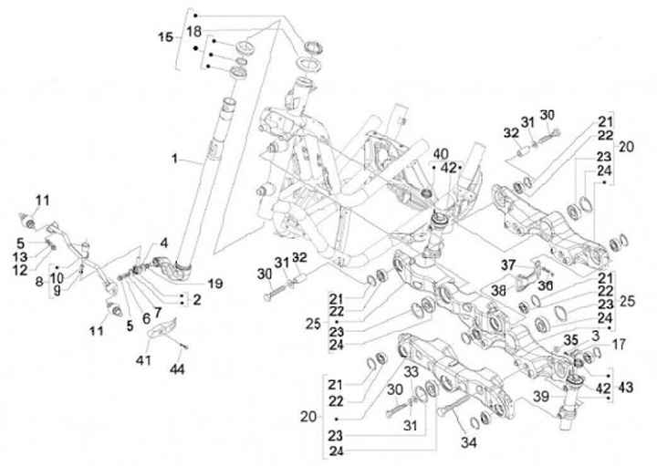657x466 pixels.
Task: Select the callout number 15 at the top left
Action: coord(164,37)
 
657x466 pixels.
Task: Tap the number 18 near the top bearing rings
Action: coord(194,31)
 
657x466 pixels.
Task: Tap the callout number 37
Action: coord(508,264)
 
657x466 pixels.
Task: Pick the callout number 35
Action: coord(570,340)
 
